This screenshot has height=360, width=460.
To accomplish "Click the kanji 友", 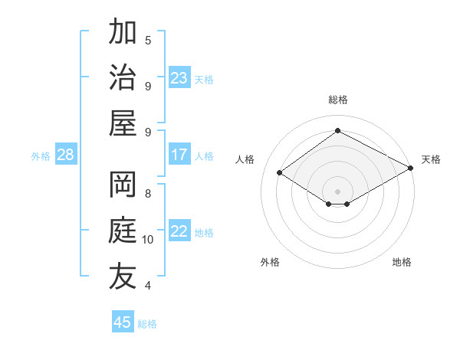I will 123,277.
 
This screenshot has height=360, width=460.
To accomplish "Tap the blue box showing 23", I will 179,78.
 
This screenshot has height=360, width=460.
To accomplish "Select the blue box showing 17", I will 179,155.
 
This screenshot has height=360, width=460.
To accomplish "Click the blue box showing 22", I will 179,232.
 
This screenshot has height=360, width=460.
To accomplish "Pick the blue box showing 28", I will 66,155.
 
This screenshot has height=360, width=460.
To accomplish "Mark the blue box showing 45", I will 123,322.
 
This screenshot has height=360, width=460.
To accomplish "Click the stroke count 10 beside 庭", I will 148,240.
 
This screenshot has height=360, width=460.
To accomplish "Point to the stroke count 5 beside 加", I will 148,40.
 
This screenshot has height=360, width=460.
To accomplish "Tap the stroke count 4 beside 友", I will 148,286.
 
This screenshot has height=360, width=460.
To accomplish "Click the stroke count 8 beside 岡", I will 148,194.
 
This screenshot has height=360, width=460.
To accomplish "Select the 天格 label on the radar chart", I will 431,159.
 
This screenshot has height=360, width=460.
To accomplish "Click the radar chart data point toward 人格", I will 279,173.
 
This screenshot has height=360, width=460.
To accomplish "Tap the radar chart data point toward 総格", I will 337,130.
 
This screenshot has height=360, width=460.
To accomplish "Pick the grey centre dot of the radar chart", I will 337,190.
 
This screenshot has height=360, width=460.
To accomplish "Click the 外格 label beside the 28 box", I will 41,156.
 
